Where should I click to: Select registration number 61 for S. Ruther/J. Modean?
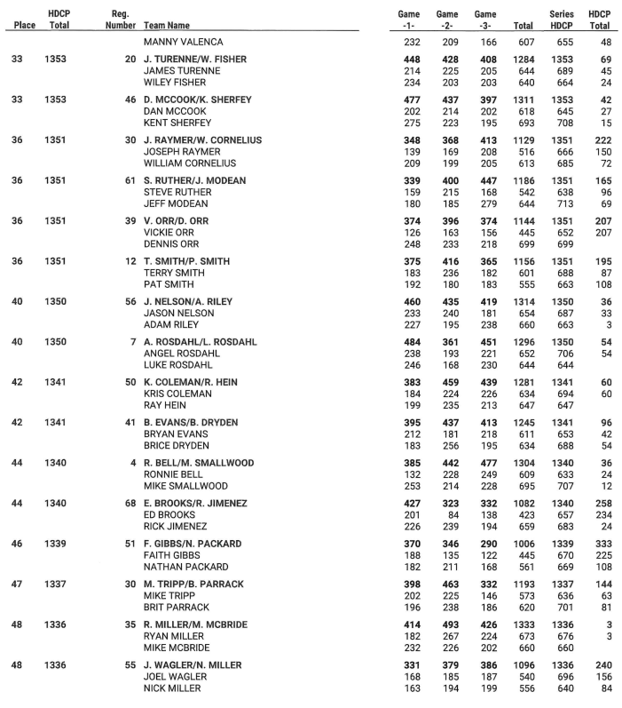[130, 179]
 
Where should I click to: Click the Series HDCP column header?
[561, 20]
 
